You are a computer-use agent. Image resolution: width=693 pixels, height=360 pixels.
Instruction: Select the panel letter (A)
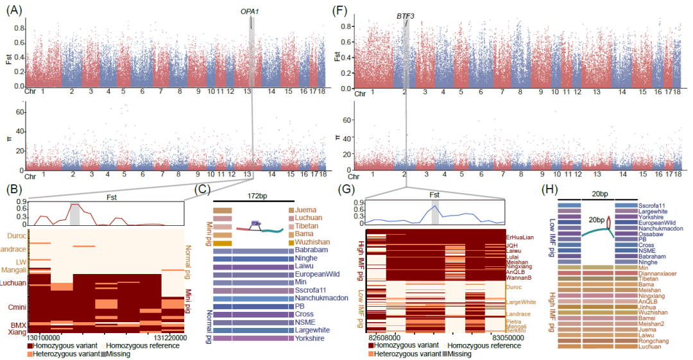(13, 10)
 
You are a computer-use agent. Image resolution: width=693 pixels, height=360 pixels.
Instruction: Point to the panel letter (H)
(550, 190)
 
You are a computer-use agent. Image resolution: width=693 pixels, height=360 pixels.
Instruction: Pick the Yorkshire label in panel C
(311, 338)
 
